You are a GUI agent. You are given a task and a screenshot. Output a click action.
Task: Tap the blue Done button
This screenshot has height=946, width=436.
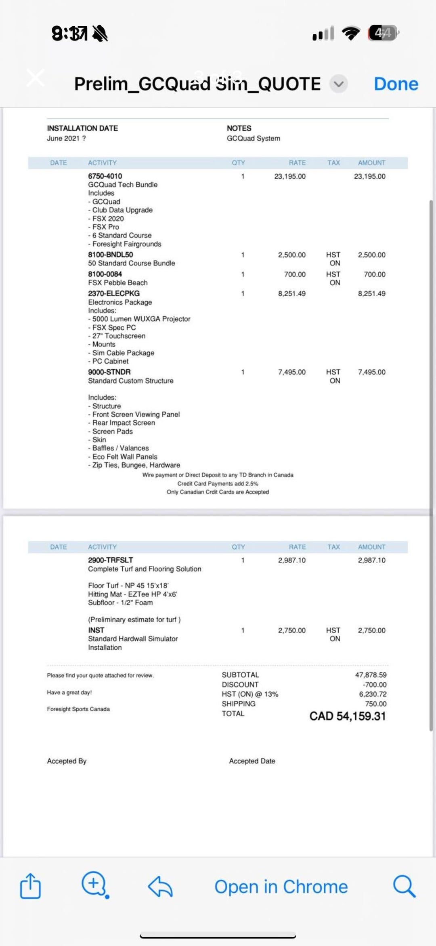click(396, 84)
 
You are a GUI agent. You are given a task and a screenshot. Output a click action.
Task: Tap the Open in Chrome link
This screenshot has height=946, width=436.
click(281, 887)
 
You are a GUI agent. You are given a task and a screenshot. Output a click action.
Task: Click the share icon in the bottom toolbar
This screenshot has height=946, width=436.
click(31, 886)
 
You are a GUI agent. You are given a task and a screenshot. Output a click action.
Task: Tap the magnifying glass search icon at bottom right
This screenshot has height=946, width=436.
click(404, 886)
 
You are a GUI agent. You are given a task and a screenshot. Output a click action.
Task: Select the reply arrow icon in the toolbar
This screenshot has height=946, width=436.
click(160, 887)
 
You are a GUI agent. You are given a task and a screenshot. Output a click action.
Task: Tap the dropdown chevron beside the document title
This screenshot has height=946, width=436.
click(338, 84)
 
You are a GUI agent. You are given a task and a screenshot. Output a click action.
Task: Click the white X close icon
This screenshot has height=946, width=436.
click(36, 78)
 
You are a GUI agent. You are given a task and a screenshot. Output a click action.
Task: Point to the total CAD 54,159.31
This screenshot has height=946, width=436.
click(347, 716)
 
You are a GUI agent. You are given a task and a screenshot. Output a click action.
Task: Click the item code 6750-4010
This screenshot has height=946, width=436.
click(105, 176)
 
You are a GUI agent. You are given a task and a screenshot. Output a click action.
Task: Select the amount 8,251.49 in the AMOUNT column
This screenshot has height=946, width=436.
click(371, 293)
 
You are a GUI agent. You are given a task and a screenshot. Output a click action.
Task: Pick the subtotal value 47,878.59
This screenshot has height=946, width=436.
click(371, 675)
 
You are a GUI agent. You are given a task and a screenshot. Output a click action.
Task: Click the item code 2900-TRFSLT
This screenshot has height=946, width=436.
click(110, 560)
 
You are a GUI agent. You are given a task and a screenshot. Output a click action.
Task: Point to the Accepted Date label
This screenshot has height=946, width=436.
click(252, 761)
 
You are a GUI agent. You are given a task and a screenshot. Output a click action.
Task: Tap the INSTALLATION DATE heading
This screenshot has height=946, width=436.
click(82, 128)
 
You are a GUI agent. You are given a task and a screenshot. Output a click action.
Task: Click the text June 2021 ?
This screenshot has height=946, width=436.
click(66, 138)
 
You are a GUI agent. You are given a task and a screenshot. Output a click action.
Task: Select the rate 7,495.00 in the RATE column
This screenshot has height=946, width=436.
click(291, 372)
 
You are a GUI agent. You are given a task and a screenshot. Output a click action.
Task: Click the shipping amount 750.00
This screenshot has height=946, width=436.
click(375, 704)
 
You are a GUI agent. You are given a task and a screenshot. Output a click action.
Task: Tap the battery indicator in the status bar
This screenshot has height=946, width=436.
click(383, 33)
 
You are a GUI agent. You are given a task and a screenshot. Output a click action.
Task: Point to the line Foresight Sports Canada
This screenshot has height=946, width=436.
click(78, 709)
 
